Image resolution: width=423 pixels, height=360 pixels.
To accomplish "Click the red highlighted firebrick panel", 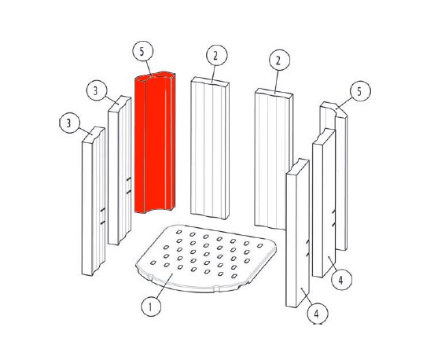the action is point(155,142).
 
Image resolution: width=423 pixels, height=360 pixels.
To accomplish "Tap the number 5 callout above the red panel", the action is point(143,51).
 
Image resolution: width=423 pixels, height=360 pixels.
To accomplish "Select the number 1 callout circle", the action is point(151,307).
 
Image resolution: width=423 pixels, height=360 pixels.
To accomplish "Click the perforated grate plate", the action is point(206,259).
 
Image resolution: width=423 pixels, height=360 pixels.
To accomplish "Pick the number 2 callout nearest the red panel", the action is point(217,55).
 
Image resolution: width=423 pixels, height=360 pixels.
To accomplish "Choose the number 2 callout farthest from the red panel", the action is point(279,61).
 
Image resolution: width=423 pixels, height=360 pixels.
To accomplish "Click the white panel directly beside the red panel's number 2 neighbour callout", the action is point(210,148).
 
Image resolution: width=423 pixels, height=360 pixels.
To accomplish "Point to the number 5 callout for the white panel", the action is point(360,91).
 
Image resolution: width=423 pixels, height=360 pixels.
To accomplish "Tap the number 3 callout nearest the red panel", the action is point(97,90).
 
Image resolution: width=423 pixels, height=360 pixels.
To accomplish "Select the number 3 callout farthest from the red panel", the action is point(69,123).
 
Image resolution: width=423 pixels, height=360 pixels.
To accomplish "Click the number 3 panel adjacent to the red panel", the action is point(120,170).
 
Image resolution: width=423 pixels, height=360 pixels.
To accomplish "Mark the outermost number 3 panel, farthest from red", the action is point(94,201).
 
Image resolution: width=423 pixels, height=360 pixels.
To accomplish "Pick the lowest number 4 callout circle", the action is point(318,314).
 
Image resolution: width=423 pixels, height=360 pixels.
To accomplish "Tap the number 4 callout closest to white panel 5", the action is point(341,280).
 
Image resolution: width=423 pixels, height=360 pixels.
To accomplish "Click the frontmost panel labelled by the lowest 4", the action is point(297,233).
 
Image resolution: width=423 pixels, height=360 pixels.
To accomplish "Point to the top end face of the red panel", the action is point(156,75).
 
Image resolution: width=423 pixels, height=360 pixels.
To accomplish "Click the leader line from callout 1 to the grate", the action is point(164,286).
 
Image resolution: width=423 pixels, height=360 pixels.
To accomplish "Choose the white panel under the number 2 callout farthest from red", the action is point(274,159).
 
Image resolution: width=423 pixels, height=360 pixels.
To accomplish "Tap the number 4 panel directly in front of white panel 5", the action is point(324,203).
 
